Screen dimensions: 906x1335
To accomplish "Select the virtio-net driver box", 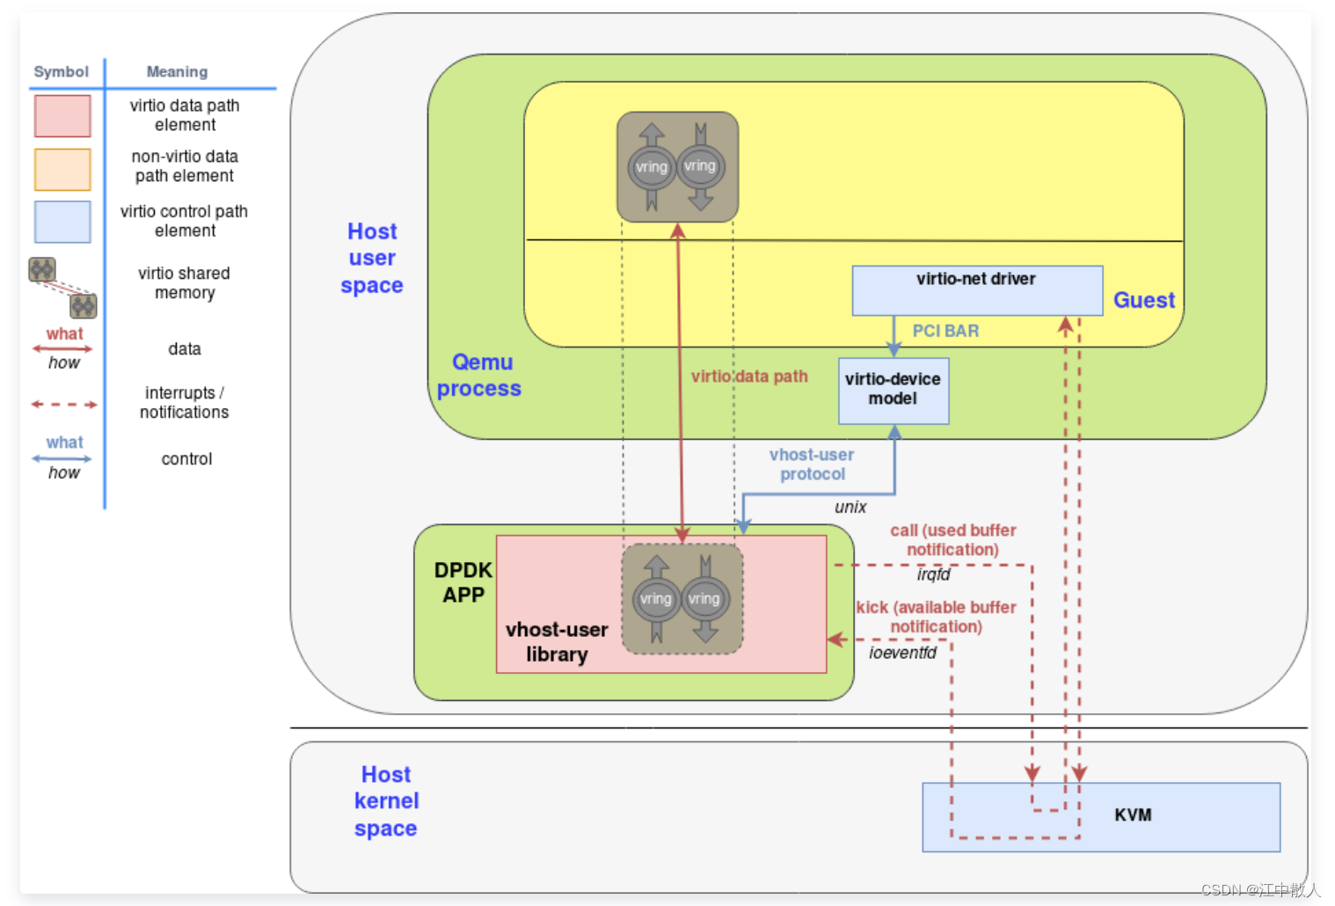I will point(976,289).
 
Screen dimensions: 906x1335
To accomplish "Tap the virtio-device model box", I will point(893,390).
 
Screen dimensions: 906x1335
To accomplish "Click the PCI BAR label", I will point(945,331).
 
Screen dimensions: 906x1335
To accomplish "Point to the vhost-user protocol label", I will point(812,464).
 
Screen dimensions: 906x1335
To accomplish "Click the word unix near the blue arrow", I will point(850,508).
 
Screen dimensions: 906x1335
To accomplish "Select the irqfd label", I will point(933,574).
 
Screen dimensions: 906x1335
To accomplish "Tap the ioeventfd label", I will point(902,653).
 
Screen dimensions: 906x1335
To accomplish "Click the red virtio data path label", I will point(749,376).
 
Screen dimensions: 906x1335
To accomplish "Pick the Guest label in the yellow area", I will point(1143,301).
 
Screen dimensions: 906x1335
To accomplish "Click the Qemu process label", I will point(480,376).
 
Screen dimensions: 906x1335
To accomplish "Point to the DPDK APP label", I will point(463,582).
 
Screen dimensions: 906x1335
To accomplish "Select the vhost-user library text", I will point(557,642).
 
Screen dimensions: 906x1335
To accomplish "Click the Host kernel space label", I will point(386,801).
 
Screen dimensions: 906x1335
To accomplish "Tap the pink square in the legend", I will point(62,116).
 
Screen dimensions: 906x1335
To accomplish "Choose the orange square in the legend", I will point(62,170).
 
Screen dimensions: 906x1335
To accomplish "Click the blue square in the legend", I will point(62,222).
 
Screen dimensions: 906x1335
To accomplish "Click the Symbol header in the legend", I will point(61,72).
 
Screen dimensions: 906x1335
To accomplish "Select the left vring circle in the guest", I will point(652,167).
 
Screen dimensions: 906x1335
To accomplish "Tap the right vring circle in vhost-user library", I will point(704,599).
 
